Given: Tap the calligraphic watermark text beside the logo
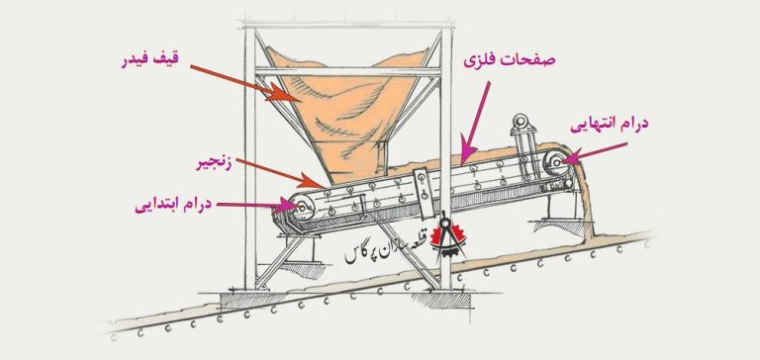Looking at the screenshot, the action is coord(386,251).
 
